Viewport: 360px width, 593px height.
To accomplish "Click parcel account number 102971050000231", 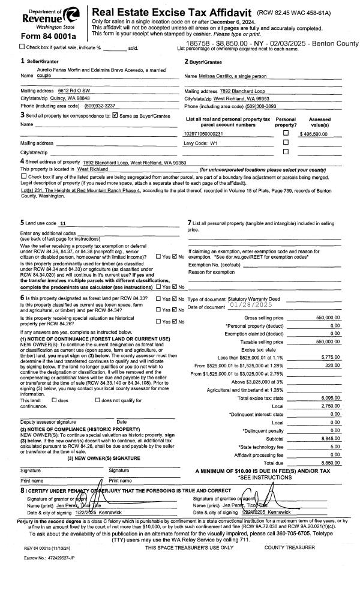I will tap(203, 134).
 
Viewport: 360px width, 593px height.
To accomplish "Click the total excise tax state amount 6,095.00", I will tap(331, 381).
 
